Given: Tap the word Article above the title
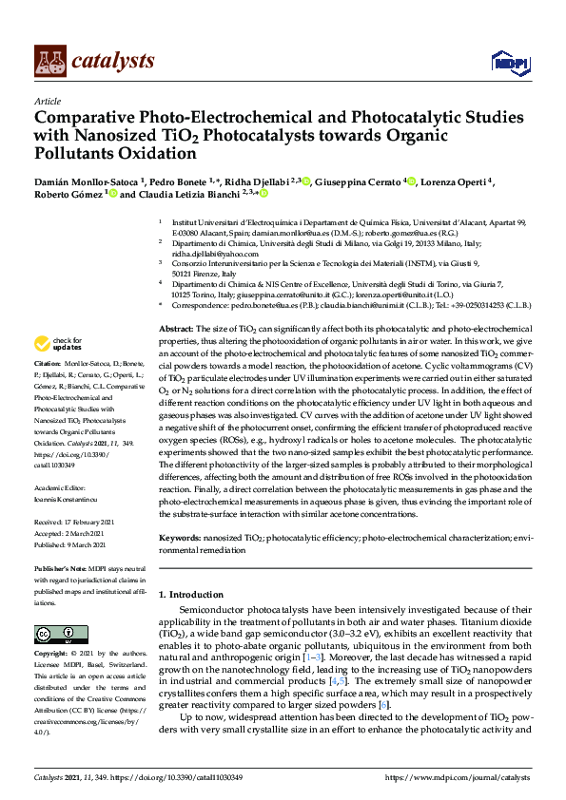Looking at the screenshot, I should [x=47, y=102].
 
